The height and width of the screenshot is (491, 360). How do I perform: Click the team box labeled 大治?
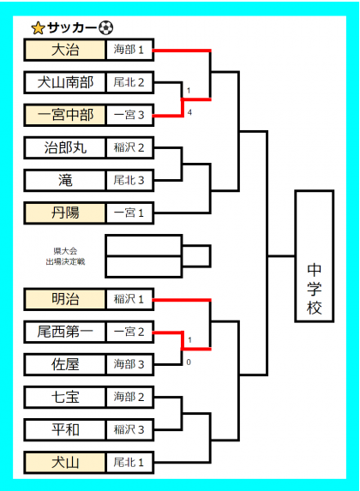[x=65, y=50]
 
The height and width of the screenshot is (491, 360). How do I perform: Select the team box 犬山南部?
[x=65, y=82]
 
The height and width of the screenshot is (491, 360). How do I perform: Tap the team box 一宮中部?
[x=65, y=115]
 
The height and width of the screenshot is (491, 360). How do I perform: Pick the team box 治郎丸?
[x=65, y=147]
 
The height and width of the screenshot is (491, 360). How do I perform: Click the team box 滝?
[x=65, y=180]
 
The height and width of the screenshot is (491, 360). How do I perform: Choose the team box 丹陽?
[x=65, y=213]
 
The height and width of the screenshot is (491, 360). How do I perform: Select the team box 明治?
[x=65, y=299]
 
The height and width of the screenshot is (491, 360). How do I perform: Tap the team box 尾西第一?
[x=65, y=332]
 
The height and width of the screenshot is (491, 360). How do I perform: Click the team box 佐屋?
[x=65, y=364]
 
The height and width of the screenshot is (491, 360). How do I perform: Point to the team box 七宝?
[x=65, y=397]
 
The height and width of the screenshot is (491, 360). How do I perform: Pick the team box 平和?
[x=65, y=429]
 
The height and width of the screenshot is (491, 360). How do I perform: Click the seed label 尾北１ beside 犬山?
[x=129, y=462]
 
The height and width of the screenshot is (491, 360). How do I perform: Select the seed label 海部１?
[x=129, y=50]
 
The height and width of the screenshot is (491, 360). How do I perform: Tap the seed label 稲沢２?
[x=129, y=147]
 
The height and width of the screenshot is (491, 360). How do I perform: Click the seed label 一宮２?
[x=129, y=332]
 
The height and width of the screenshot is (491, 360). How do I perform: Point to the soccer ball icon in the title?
[x=106, y=28]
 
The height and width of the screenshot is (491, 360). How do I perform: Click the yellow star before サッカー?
[x=39, y=28]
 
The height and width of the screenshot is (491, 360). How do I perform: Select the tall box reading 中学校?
[x=315, y=256]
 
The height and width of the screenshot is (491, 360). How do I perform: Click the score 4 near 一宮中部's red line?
[x=189, y=112]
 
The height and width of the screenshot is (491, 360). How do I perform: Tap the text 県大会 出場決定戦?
[x=65, y=256]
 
